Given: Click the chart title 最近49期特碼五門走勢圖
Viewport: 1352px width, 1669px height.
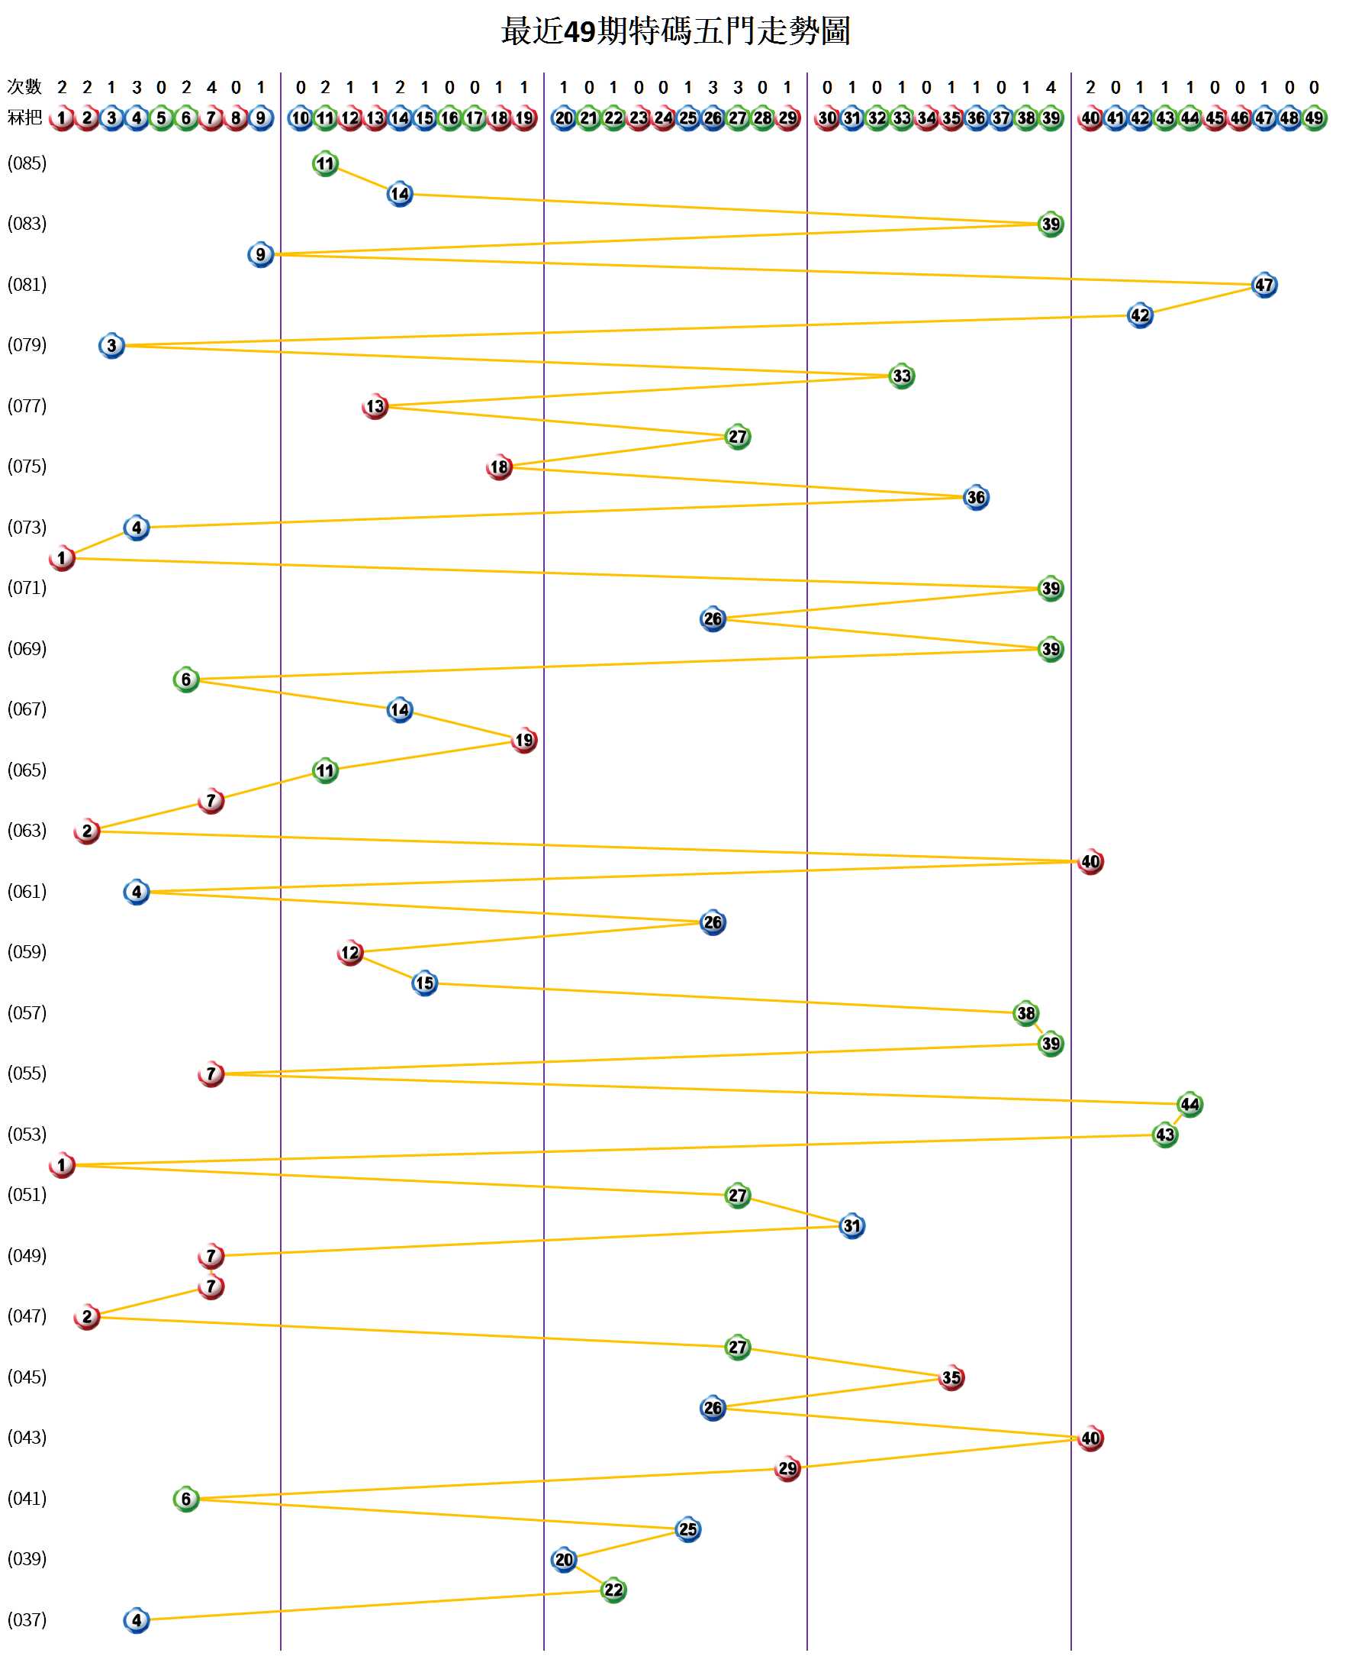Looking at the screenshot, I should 675,32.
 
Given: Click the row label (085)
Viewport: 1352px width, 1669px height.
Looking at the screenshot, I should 27,163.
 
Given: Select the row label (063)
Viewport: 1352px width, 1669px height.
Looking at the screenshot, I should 27,831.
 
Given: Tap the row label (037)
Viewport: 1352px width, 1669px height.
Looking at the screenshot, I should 27,1620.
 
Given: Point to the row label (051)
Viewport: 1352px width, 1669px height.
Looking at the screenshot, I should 27,1194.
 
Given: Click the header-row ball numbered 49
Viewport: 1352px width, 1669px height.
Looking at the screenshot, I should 1314,118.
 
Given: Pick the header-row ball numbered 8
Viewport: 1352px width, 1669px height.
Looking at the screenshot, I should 236,118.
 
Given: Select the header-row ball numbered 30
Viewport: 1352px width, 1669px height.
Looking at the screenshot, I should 827,118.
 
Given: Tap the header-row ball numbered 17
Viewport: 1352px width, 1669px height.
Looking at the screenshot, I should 475,118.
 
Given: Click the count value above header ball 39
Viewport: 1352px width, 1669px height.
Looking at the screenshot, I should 1051,87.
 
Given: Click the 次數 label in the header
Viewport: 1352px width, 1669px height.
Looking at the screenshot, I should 24,87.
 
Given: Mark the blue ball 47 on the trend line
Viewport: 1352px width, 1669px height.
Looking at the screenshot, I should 1264,286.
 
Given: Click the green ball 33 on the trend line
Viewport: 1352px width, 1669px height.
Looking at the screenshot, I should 901,376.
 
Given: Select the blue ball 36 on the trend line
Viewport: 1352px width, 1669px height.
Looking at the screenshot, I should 976,498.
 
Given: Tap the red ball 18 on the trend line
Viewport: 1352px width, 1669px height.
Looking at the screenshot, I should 499,467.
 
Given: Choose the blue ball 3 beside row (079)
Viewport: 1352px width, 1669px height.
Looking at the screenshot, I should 111,346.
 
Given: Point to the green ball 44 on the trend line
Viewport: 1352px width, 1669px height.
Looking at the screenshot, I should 1189,1104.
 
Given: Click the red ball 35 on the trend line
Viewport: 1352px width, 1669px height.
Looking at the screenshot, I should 951,1377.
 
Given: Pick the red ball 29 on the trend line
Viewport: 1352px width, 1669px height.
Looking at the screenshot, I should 787,1469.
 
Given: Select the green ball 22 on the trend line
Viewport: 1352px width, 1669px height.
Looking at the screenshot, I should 613,1590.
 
